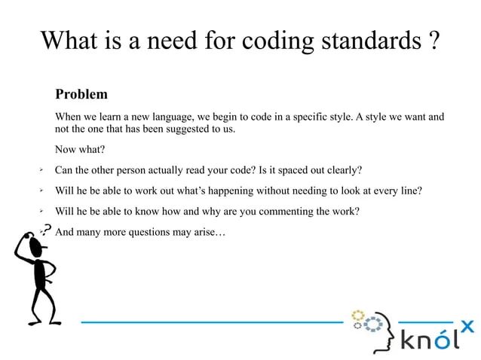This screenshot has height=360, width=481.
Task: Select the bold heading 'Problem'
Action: pyautogui.click(x=81, y=95)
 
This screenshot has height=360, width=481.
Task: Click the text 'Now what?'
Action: pyautogui.click(x=79, y=149)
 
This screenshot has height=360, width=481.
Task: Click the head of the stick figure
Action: pyautogui.click(x=28, y=244)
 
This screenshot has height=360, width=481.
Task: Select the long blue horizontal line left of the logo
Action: pyautogui.click(x=211, y=322)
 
